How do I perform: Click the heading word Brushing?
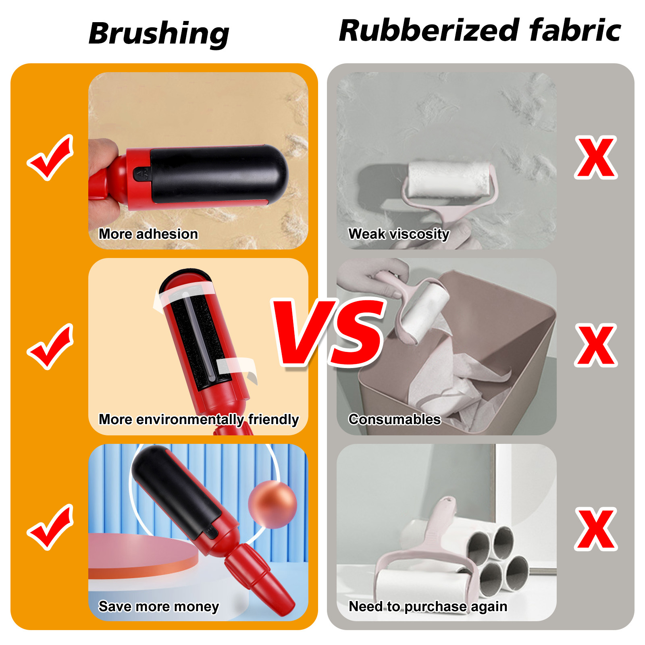pos(159,34)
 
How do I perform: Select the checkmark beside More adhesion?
pos(50,158)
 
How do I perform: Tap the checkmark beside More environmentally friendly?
pos(50,347)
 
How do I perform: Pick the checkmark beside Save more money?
pos(50,527)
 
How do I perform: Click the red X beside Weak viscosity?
pos(596,158)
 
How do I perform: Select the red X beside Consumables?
pos(596,345)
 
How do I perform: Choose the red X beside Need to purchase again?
pos(596,529)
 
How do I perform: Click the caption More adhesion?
pos(148,234)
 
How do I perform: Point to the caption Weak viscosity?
pos(399,234)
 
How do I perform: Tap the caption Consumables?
pos(395,420)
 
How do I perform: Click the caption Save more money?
pos(159,607)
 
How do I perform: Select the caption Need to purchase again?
pos(428,607)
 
